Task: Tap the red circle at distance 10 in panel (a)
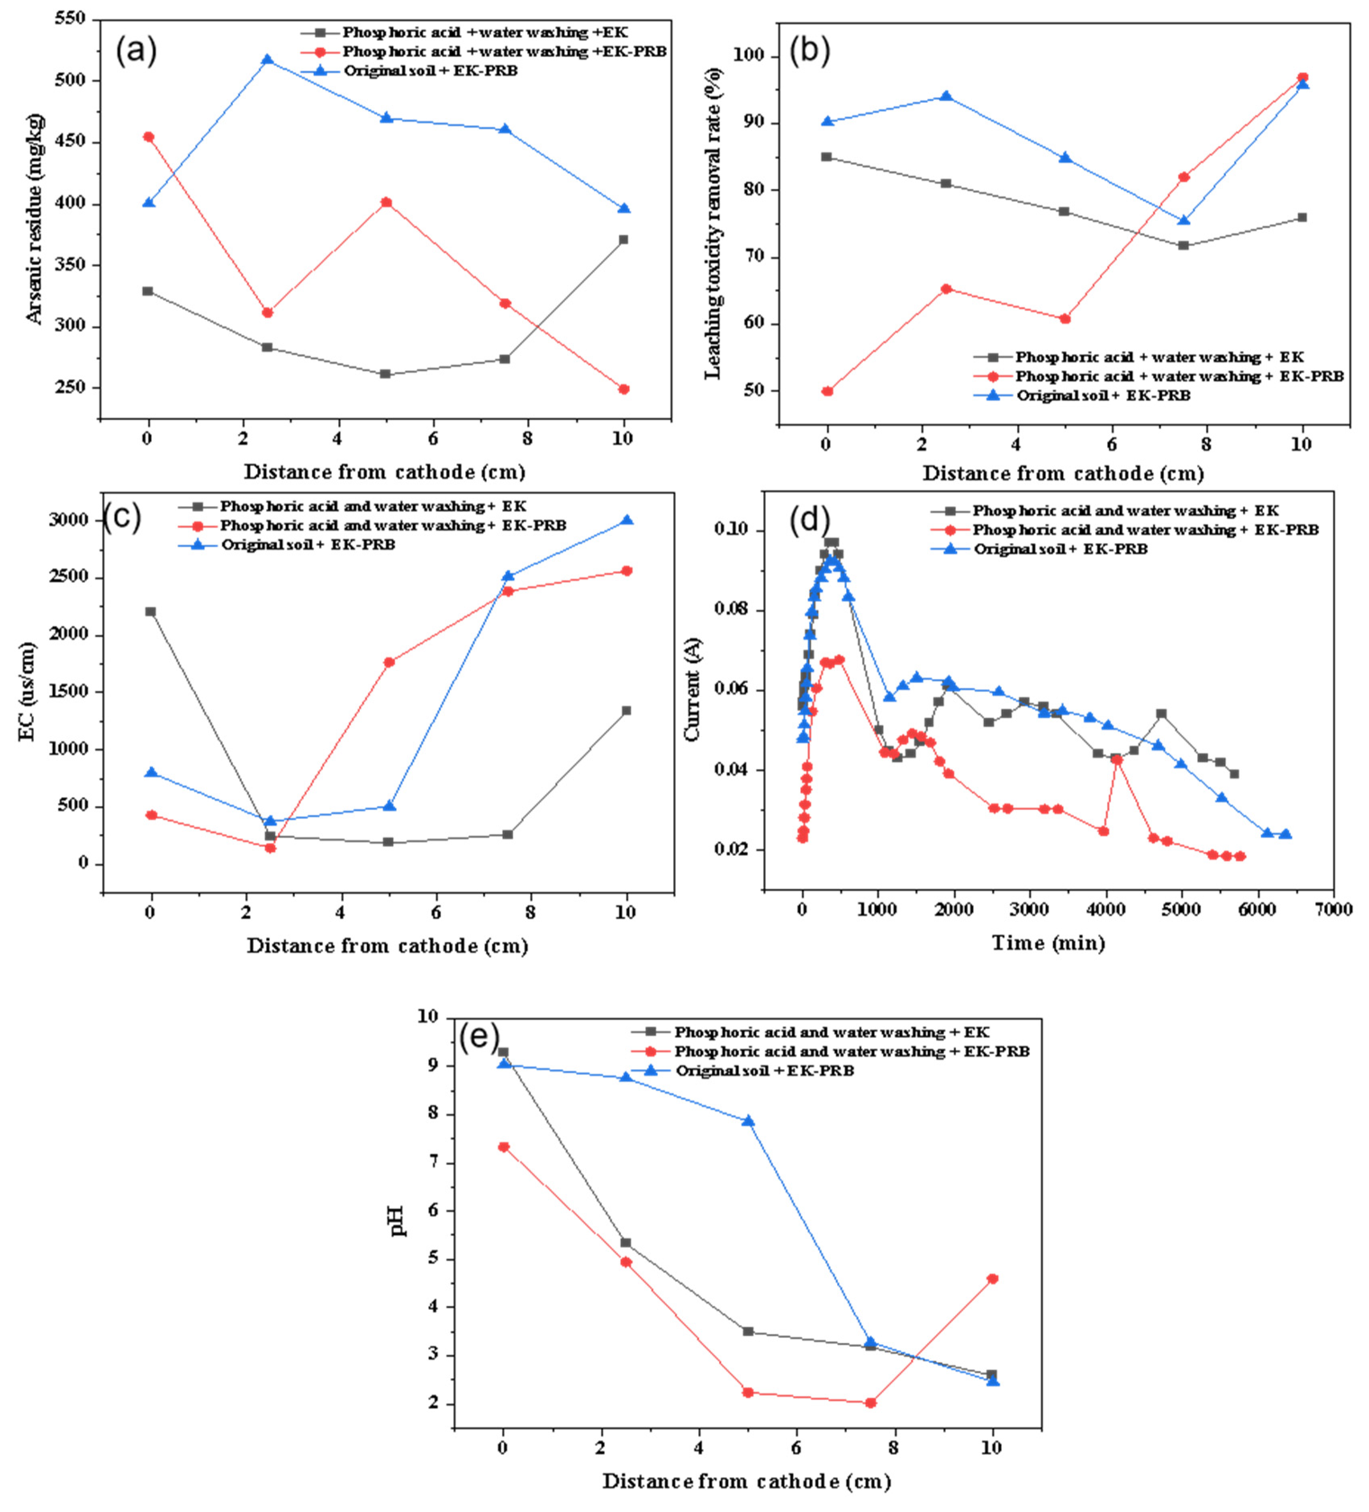pos(623,389)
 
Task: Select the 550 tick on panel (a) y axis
pos(69,19)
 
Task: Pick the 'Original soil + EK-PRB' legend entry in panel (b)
pos(1103,395)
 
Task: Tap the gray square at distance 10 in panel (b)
pos(1302,217)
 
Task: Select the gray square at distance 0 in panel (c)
pos(151,611)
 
